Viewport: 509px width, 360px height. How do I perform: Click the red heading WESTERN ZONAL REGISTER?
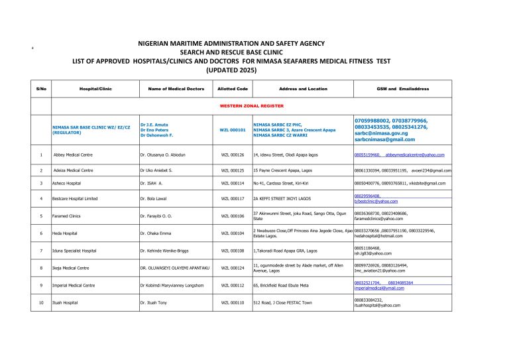click(x=251, y=106)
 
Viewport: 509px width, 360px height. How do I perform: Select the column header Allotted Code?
click(x=232, y=88)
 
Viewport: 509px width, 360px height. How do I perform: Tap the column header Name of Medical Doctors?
click(x=167, y=88)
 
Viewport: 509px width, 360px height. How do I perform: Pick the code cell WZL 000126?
click(x=232, y=154)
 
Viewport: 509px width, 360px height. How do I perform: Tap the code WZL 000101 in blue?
click(x=232, y=130)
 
